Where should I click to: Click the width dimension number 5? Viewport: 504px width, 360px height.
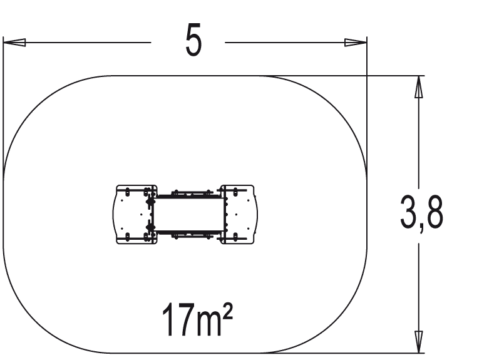[x=193, y=40]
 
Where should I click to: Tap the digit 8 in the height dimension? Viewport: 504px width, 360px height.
[x=434, y=212]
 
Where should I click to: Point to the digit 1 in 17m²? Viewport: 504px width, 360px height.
[x=169, y=319]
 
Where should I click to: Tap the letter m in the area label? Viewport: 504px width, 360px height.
[x=209, y=324]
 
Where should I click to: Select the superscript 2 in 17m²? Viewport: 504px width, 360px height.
[x=227, y=311]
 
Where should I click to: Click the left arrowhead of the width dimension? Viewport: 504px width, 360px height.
[x=14, y=43]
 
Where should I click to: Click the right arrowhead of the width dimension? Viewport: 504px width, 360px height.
[x=356, y=43]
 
